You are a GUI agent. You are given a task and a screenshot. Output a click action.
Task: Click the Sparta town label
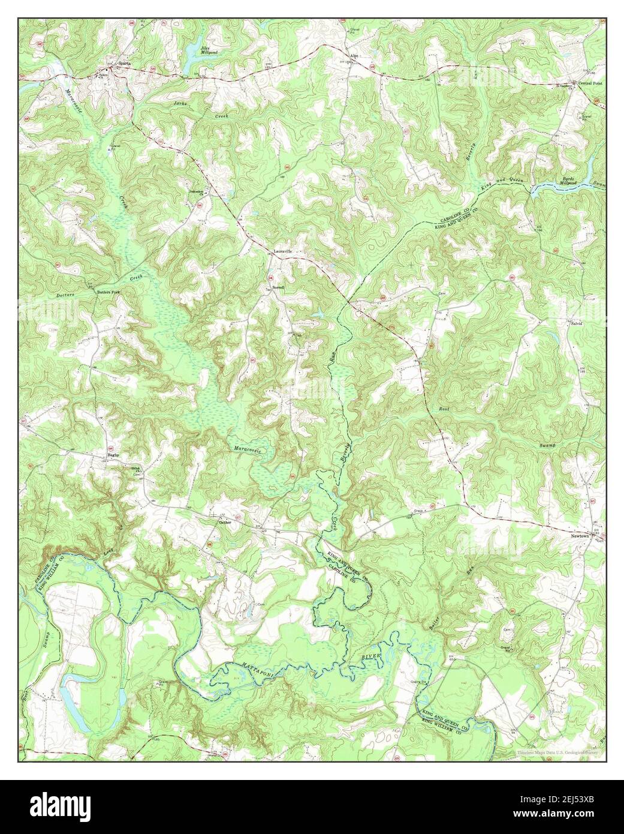click(x=124, y=62)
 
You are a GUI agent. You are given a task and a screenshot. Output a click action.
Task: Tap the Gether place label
click(x=225, y=522)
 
